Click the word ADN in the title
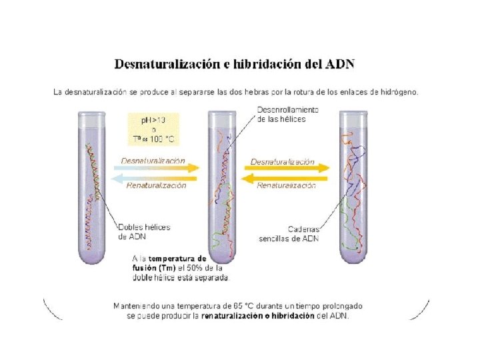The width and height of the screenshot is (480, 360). (x=340, y=64)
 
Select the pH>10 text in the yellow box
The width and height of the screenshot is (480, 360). (x=153, y=120)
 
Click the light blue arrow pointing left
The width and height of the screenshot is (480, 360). (x=157, y=177)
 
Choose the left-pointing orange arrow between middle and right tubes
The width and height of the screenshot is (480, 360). (x=287, y=177)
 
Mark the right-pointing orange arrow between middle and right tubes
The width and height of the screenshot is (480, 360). (x=287, y=168)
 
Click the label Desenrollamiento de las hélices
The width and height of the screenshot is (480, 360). (x=287, y=114)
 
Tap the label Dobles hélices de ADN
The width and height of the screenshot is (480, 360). (x=143, y=231)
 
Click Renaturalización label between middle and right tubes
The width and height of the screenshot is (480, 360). (x=286, y=186)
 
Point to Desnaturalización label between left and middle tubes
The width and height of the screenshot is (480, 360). (x=153, y=161)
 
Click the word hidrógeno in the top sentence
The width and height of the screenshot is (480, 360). (x=398, y=92)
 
